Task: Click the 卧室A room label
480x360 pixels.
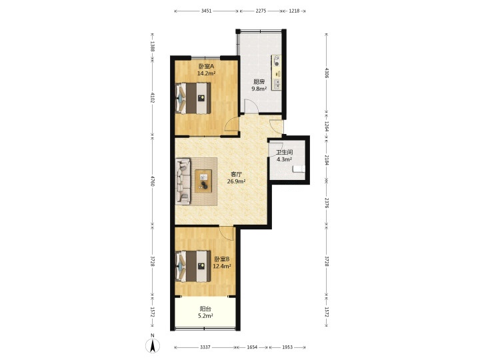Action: (206, 66)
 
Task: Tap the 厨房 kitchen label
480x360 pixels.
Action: (259, 82)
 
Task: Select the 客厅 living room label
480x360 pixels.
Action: (236, 174)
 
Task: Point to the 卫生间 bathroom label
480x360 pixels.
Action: (285, 152)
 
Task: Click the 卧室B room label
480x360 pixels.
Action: (221, 259)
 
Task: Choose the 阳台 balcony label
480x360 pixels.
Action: (205, 309)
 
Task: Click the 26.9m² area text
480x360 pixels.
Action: (236, 181)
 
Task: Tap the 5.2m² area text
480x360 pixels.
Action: (205, 316)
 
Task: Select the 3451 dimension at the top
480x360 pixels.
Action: (206, 11)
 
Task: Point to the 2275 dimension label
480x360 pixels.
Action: (261, 11)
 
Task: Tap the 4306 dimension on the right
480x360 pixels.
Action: (327, 73)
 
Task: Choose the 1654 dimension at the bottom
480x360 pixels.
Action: (252, 347)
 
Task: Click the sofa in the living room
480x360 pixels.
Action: (183, 181)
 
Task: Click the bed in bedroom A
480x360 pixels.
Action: (193, 98)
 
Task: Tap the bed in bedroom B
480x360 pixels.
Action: (193, 266)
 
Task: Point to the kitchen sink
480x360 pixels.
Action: (277, 84)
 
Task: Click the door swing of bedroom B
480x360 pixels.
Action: (227, 234)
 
